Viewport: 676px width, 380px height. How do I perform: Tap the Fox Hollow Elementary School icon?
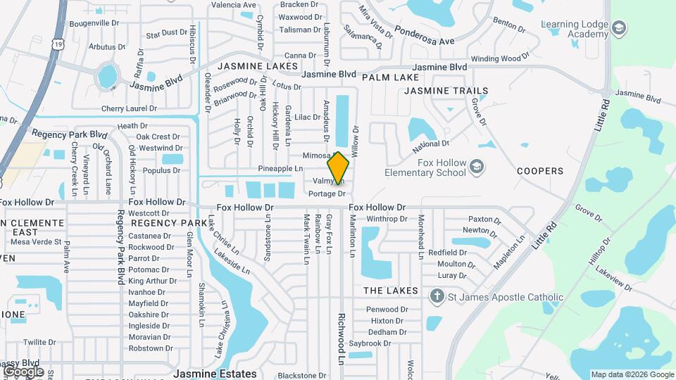(477, 167)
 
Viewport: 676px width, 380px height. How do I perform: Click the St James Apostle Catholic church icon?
(437, 296)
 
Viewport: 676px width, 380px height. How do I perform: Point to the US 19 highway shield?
(57, 43)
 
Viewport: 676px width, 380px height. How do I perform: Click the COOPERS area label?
(540, 171)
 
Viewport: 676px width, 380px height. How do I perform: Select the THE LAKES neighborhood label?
(390, 291)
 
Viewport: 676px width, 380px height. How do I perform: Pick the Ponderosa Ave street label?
(424, 36)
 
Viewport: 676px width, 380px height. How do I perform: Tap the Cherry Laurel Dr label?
(129, 109)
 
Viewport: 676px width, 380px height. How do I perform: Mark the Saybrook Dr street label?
(370, 343)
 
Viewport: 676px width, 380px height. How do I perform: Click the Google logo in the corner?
(23, 371)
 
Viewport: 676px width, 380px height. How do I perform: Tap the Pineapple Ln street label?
(280, 169)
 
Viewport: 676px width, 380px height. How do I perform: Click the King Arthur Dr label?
(152, 281)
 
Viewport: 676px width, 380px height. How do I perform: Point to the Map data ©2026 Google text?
(632, 374)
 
